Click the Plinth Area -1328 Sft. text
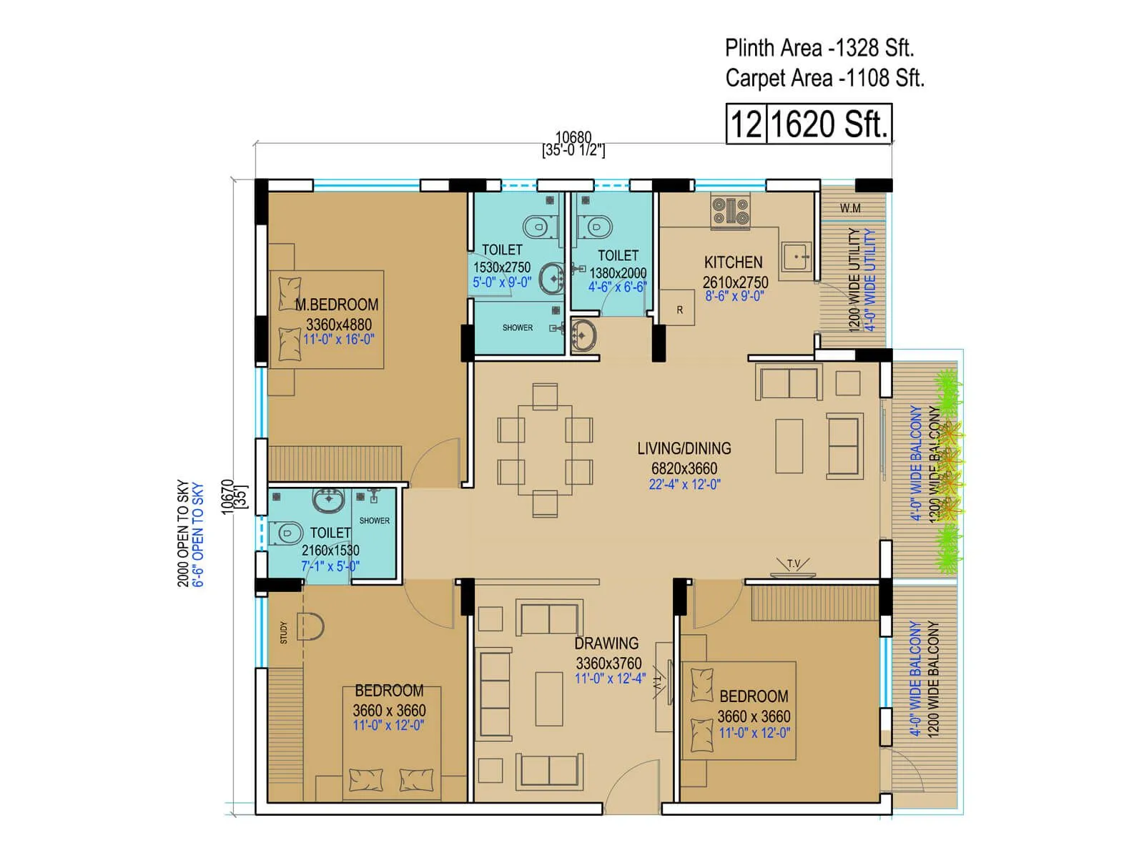[x=819, y=48]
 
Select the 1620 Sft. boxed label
[x=829, y=124]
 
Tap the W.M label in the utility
[x=850, y=208]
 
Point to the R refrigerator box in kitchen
[x=679, y=309]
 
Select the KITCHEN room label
[x=733, y=262]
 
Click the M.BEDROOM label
[x=337, y=305]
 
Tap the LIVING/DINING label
[x=684, y=448]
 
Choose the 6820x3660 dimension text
[x=684, y=468]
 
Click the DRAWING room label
[x=606, y=643]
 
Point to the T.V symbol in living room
[x=794, y=565]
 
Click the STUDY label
[x=284, y=632]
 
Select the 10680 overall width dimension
[x=573, y=137]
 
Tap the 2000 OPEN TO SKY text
[x=184, y=533]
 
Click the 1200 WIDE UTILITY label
[x=854, y=280]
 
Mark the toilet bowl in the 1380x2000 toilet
[x=596, y=227]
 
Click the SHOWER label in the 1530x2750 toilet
[x=517, y=327]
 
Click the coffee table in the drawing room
[x=549, y=698]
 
